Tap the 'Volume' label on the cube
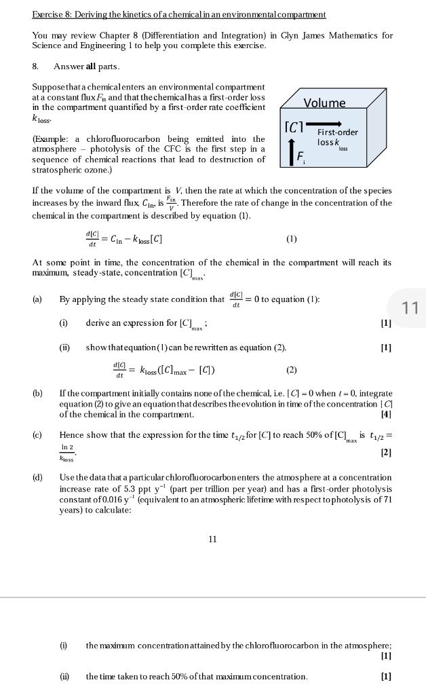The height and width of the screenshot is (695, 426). point(324,103)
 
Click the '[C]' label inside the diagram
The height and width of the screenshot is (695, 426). point(293,126)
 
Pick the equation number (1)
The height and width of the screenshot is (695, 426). point(292,239)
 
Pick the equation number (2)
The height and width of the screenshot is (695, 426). point(292,370)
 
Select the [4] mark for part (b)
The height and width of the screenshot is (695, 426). point(386,414)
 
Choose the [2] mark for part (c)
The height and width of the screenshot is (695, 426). point(386,452)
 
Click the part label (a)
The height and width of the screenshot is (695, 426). point(37,299)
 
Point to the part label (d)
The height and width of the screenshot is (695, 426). point(37,478)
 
